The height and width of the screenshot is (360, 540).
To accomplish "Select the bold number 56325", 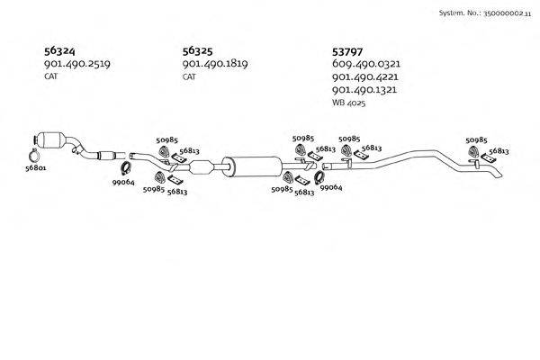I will [198, 50].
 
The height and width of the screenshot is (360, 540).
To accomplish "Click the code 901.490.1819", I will [214, 64].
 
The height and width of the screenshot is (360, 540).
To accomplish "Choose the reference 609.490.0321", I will [364, 64].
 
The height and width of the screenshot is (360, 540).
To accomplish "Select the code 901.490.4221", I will [364, 77].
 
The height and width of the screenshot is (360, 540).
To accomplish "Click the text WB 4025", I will [350, 103].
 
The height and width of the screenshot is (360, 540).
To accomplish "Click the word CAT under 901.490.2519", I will [50, 76].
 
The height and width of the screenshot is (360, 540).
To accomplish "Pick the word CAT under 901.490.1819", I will [189, 76].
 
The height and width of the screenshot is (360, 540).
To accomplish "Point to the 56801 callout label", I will [36, 166].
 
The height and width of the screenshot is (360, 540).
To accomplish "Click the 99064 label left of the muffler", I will [122, 182].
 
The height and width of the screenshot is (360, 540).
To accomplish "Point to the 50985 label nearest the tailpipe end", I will [476, 140].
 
